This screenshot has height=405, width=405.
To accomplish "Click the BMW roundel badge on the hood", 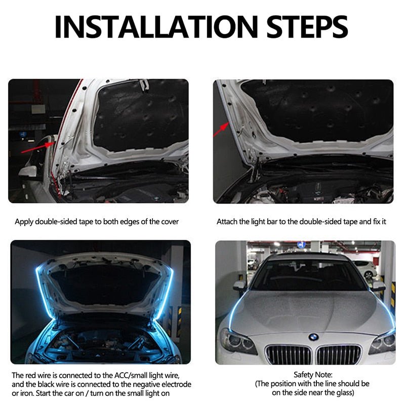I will tap(313, 337).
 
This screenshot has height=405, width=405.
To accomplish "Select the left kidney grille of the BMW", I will tap(288, 354).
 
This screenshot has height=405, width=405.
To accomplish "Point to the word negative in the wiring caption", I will tap(140, 384).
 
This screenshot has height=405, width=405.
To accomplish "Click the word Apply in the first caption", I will tap(24, 221).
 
